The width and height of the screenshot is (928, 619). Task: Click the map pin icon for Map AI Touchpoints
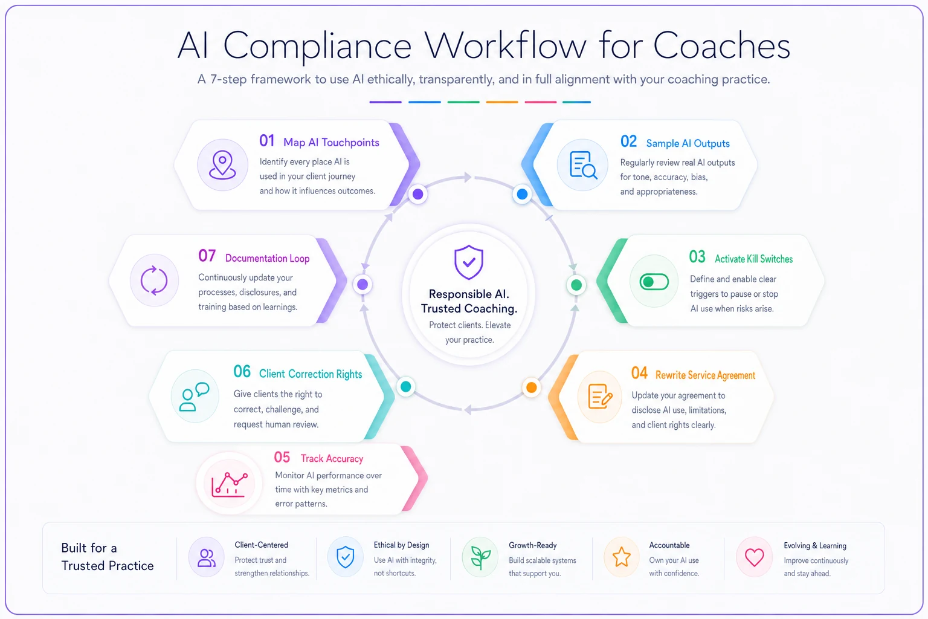222,164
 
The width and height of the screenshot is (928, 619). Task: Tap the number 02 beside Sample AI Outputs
628,141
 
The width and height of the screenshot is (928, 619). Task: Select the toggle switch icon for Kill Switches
654,282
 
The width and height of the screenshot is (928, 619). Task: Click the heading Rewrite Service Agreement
705,375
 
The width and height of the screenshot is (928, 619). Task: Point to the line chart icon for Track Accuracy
230,484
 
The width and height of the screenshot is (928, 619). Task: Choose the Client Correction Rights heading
311,374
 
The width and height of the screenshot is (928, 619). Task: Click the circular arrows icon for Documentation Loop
154,280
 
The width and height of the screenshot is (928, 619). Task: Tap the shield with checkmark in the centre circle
469,262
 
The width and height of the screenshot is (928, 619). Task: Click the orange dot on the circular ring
532,387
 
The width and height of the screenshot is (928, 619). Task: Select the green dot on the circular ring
576,285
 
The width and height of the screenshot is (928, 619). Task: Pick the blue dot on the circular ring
522,194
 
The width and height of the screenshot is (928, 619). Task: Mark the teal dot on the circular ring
405,386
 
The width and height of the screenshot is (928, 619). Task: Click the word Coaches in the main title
721,45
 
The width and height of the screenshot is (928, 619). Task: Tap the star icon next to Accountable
622,557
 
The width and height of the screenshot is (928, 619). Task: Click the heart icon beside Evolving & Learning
754,557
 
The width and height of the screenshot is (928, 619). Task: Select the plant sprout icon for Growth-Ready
480,557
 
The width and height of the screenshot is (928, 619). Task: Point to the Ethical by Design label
401,545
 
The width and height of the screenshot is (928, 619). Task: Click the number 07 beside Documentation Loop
207,256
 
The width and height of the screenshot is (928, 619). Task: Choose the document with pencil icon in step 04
600,397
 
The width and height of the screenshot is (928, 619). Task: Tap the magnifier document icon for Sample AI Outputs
583,165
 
